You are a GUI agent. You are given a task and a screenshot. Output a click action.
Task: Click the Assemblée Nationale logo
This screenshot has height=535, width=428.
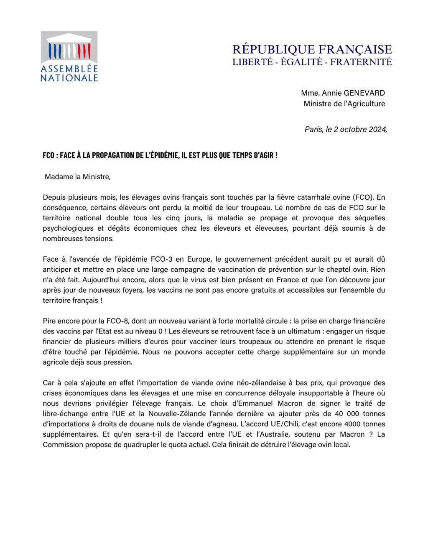click(x=69, y=56)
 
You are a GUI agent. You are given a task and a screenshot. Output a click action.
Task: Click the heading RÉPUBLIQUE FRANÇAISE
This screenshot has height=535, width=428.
click(x=312, y=49)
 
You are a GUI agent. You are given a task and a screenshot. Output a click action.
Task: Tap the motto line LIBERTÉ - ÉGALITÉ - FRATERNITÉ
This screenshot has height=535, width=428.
click(x=312, y=62)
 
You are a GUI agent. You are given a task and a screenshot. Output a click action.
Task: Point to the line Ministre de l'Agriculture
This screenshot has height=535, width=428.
click(x=344, y=104)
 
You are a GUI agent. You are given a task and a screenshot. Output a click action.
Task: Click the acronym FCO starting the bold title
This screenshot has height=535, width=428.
click(x=48, y=155)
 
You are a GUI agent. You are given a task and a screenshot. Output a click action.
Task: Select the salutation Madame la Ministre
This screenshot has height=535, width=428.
click(x=78, y=177)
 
